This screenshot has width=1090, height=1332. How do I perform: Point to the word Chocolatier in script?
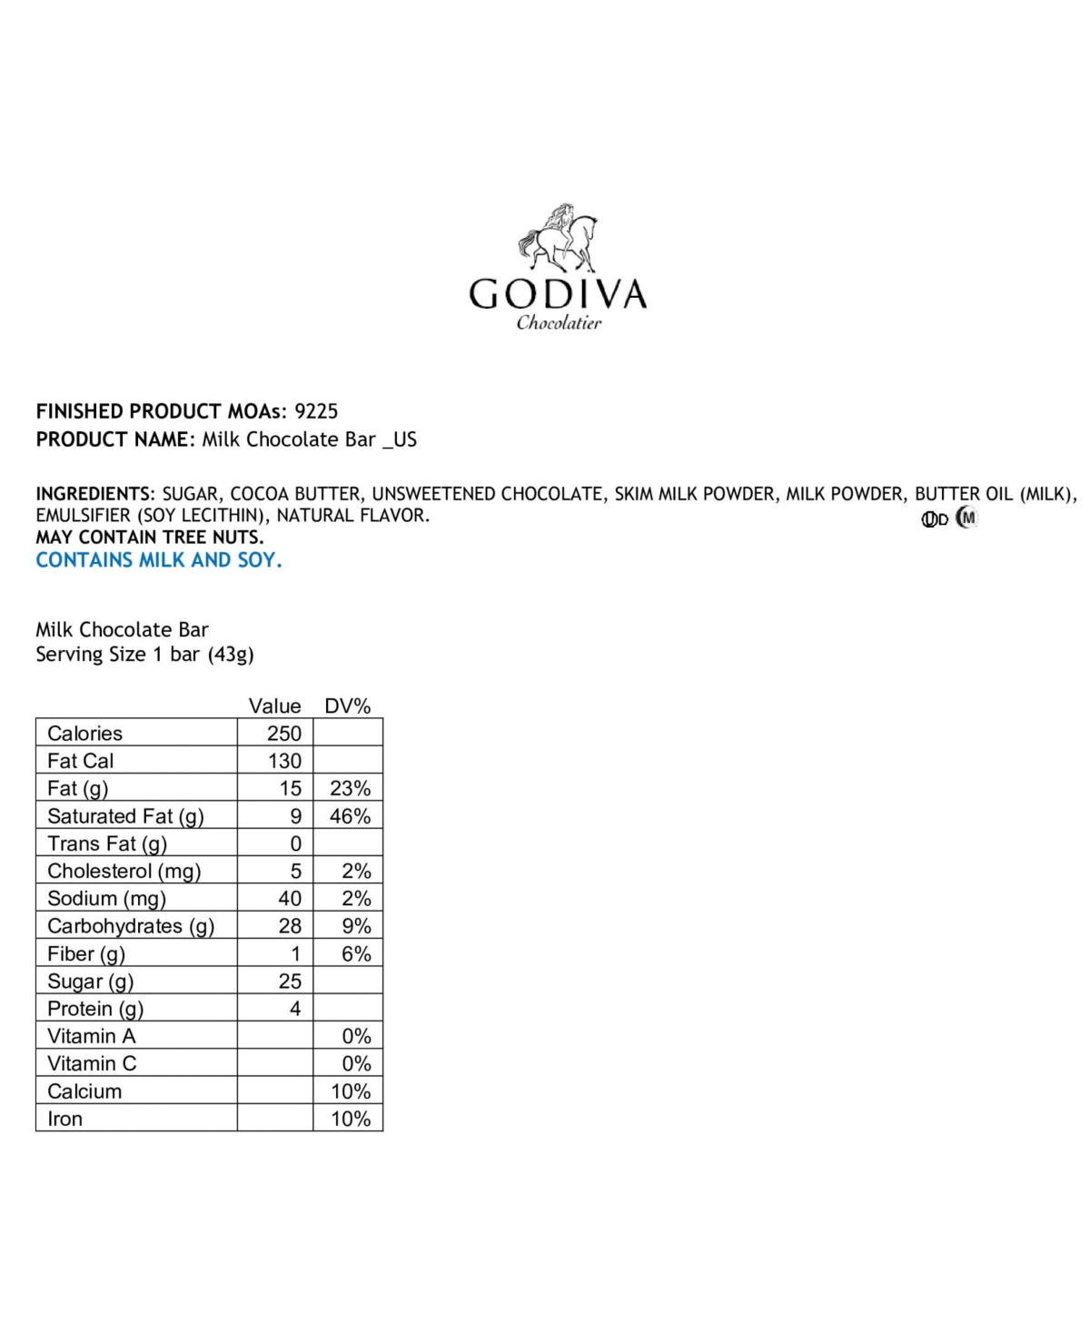click(x=559, y=323)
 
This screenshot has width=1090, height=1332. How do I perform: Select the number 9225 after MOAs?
click(x=316, y=411)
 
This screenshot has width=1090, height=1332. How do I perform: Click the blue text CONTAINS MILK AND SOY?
click(x=159, y=560)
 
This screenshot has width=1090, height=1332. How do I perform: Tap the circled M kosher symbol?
click(x=967, y=518)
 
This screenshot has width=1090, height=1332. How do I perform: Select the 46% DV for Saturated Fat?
click(x=350, y=816)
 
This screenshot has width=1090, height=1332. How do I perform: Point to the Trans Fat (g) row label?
click(x=107, y=844)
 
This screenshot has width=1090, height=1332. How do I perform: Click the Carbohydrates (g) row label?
click(x=131, y=926)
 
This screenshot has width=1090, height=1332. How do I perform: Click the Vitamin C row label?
click(x=92, y=1064)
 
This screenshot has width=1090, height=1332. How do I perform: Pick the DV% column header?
click(x=348, y=706)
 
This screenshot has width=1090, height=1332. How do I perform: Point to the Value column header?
click(x=274, y=706)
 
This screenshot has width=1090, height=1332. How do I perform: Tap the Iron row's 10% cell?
click(x=350, y=1119)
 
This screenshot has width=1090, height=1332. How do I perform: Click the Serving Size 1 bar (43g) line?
click(x=144, y=655)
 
